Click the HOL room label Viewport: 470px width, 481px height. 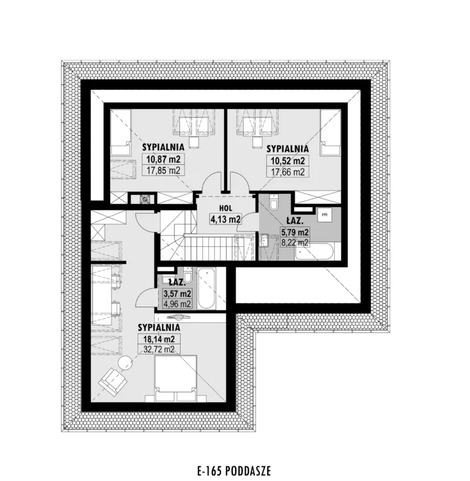[225, 208]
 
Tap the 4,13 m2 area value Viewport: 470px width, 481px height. [225, 219]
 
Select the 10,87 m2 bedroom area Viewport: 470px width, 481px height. [163, 159]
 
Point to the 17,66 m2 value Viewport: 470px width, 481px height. [288, 172]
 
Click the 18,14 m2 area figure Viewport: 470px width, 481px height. [159, 339]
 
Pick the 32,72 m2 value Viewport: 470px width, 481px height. [159, 349]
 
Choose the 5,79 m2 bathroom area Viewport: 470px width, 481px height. [295, 232]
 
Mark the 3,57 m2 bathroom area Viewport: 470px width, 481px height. [177, 294]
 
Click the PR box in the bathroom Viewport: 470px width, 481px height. [325, 215]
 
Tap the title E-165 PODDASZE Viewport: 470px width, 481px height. [234, 471]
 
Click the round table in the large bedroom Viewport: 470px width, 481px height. [126, 362]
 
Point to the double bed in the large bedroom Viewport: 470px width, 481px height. [175, 378]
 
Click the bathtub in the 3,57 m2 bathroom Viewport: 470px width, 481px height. [206, 289]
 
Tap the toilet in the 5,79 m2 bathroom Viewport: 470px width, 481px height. [273, 202]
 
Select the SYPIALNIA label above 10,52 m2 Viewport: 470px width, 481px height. [288, 149]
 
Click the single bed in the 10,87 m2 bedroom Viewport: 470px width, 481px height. [121, 132]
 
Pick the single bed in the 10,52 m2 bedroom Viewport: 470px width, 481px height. [330, 133]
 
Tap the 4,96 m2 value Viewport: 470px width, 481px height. [177, 304]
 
